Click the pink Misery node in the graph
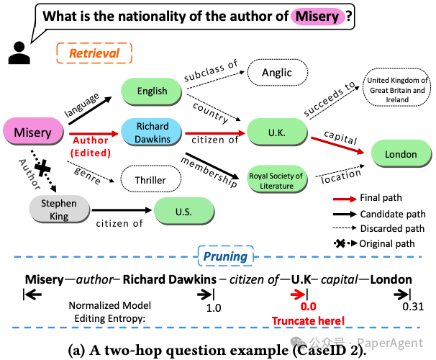coord(33,132)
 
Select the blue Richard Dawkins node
coord(153,132)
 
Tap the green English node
coord(153,91)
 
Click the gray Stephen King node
coord(59,210)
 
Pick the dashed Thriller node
coord(150,180)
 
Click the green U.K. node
coord(276,132)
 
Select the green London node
coord(400,154)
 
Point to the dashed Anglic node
coord(277,72)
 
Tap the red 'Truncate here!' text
coord(308,320)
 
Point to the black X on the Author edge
coord(42,168)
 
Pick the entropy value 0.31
coord(412,307)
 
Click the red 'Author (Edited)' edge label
coord(90,147)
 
